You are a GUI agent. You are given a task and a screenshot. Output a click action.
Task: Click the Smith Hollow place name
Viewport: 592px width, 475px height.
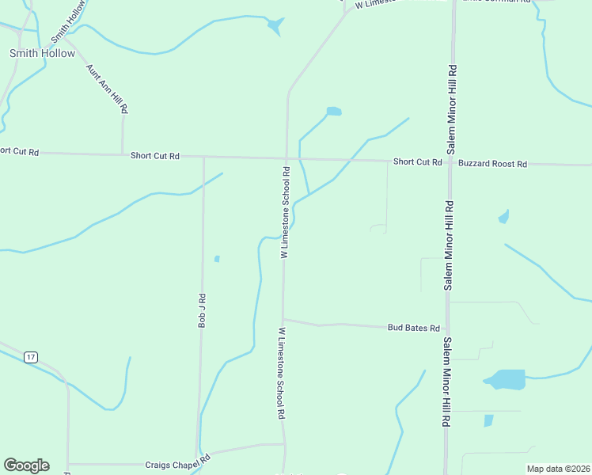click(42, 54)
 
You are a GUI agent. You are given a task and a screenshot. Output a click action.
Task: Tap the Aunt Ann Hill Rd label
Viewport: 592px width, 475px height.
click(107, 87)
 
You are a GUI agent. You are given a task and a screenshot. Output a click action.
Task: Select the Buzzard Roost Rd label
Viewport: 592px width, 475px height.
click(492, 164)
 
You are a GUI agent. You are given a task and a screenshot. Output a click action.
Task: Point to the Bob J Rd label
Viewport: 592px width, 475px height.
click(202, 310)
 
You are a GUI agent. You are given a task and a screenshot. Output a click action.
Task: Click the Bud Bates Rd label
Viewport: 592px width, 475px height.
click(413, 327)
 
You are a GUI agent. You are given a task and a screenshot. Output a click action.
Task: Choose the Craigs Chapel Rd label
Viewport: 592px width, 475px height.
click(177, 459)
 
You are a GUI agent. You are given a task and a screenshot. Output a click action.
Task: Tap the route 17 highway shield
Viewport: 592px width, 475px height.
click(30, 357)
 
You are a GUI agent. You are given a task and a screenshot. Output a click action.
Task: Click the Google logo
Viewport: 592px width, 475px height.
click(26, 465)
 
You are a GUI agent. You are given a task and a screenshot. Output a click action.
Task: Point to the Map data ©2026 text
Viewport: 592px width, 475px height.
click(558, 469)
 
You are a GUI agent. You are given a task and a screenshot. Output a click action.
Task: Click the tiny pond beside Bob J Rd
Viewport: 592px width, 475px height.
click(217, 258)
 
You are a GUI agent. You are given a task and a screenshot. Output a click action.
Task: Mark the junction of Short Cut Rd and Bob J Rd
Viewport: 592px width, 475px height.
click(203, 157)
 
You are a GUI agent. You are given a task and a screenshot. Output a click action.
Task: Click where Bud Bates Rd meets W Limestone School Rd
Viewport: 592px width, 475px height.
click(283, 320)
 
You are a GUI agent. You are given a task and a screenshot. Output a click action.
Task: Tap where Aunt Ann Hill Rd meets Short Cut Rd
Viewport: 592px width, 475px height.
click(122, 154)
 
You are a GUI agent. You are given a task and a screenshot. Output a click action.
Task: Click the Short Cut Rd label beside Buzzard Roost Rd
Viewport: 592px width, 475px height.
click(417, 162)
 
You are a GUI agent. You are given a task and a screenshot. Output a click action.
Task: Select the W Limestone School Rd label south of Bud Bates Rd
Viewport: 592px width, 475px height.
click(280, 373)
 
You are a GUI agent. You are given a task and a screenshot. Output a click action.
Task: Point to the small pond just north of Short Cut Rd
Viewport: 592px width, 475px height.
click(334, 112)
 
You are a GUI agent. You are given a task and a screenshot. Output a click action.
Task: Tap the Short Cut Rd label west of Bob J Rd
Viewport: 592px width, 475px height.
click(155, 156)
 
